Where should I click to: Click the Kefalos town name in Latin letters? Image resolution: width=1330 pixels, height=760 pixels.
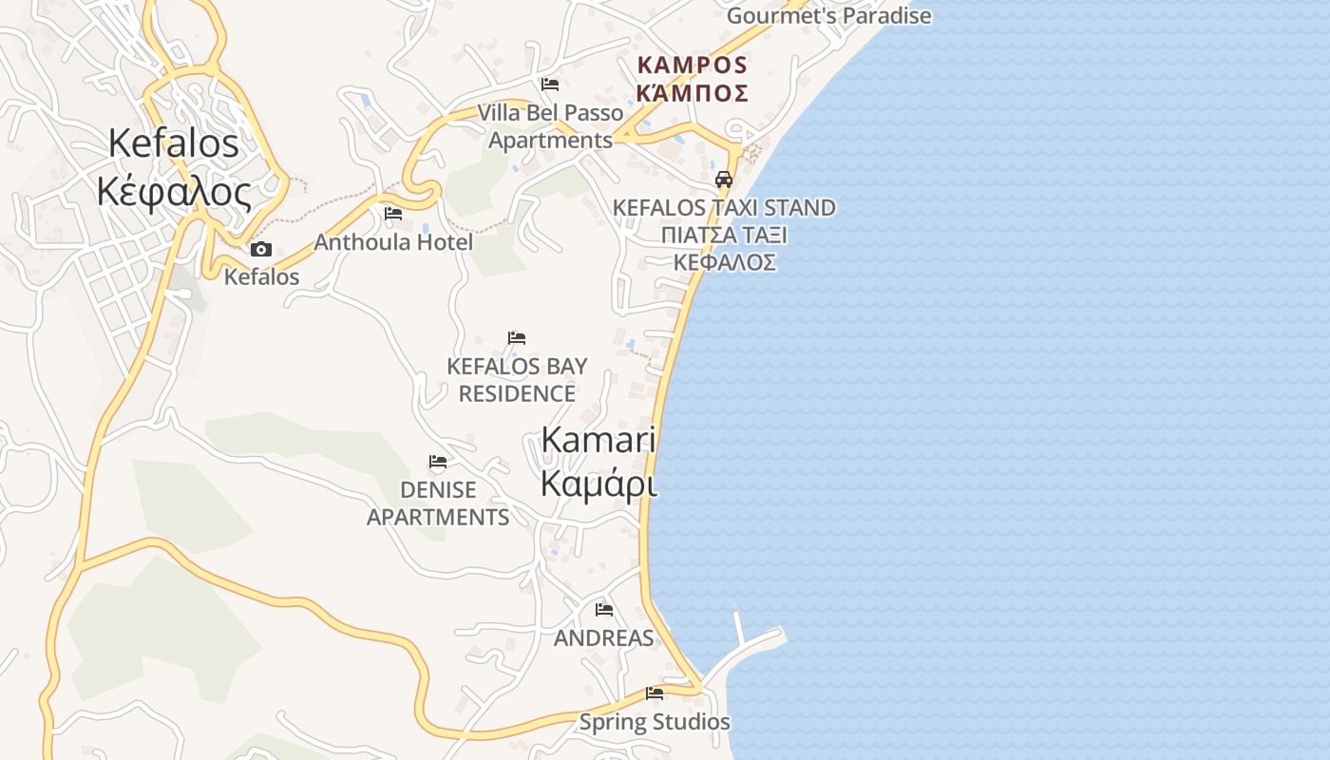click(174, 143)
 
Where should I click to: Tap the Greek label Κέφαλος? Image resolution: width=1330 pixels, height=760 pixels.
click(174, 192)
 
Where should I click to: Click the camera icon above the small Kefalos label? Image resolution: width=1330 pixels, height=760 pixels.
click(260, 250)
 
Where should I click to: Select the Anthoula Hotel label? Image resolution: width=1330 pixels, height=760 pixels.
click(393, 242)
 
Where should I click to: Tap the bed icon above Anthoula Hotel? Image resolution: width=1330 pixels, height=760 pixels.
click(393, 214)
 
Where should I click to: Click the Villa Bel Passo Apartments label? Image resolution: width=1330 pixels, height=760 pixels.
click(550, 126)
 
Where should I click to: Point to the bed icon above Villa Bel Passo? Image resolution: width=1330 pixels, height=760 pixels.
click(549, 85)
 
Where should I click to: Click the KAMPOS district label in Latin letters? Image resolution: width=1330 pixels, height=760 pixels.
click(693, 66)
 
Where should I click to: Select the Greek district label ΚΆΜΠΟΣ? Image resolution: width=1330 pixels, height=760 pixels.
click(693, 93)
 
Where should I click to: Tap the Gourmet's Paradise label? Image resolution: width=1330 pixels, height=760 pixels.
click(828, 16)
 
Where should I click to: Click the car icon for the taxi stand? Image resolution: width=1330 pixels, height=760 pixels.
click(724, 179)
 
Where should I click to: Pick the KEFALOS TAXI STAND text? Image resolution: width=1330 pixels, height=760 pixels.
click(724, 207)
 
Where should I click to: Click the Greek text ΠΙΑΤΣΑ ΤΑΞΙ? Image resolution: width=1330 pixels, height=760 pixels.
click(724, 235)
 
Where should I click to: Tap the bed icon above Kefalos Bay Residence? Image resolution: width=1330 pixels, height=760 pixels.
click(517, 338)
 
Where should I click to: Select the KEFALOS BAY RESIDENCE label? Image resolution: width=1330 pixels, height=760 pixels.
click(517, 379)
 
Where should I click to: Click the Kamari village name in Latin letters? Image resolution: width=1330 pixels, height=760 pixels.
click(598, 440)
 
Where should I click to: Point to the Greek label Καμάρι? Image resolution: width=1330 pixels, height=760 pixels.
click(598, 483)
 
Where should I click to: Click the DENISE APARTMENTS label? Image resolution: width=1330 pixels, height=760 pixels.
click(438, 503)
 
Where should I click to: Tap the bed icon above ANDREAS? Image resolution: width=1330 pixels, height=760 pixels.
click(603, 610)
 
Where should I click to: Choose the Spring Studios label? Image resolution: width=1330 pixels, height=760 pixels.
click(655, 722)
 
